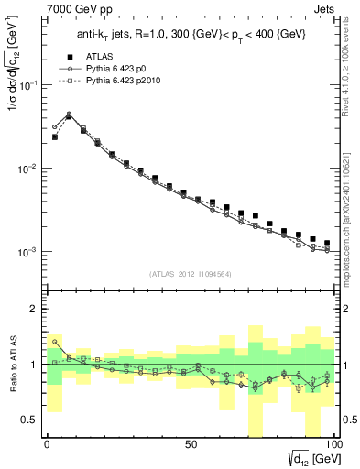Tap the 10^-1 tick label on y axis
coord(29,85)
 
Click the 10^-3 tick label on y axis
coord(29,251)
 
